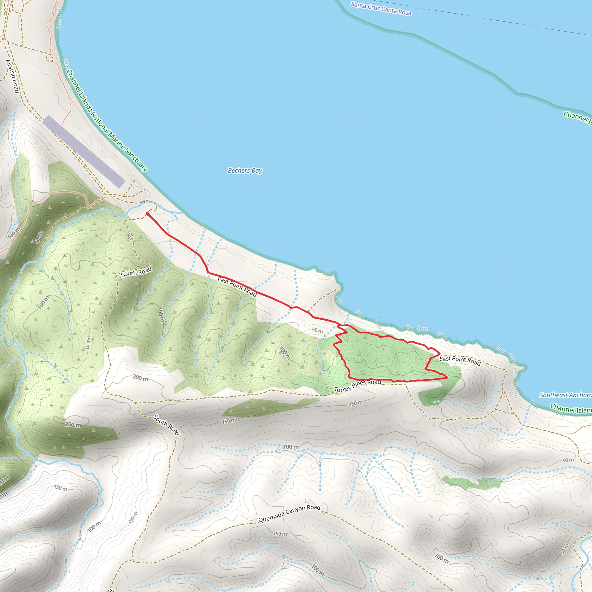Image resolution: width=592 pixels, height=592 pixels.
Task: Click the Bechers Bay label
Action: [x=245, y=171]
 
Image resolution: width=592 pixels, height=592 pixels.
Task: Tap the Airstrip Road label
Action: [x=12, y=76]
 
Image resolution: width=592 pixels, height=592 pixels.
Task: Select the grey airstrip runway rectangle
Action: [x=84, y=152]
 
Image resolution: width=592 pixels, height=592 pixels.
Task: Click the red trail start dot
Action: [x=148, y=214]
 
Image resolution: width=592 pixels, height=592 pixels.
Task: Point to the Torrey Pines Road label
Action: [x=357, y=386]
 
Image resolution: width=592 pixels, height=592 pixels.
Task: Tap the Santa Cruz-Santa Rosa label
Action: [x=381, y=9]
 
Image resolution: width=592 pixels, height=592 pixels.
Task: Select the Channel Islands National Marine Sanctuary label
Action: [x=107, y=121]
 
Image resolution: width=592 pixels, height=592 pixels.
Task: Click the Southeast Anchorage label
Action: [x=565, y=395]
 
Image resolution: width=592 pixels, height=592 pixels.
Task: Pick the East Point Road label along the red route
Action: [x=237, y=286]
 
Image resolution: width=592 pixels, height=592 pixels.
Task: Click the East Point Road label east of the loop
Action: [x=460, y=361]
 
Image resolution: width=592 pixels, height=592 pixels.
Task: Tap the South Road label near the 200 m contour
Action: [x=166, y=425]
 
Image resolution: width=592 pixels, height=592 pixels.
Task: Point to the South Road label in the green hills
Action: [x=136, y=272]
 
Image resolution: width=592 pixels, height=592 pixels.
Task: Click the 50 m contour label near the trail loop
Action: [x=317, y=330]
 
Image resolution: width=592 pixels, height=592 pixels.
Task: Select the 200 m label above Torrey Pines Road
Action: [x=140, y=378]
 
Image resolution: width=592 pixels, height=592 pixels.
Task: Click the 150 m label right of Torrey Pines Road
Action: [x=356, y=404]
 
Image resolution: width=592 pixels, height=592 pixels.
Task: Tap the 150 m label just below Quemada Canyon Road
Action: [x=280, y=534]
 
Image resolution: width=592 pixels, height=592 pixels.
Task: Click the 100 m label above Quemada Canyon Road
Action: [x=291, y=447]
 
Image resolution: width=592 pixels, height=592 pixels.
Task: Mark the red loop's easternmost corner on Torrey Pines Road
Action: [x=447, y=378]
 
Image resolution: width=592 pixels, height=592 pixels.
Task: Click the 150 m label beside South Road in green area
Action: [x=88, y=342]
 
